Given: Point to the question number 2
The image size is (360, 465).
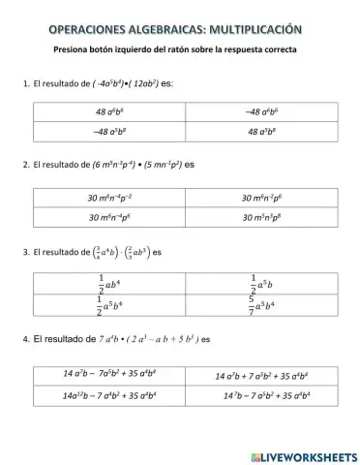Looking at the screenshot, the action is tap(24, 166).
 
